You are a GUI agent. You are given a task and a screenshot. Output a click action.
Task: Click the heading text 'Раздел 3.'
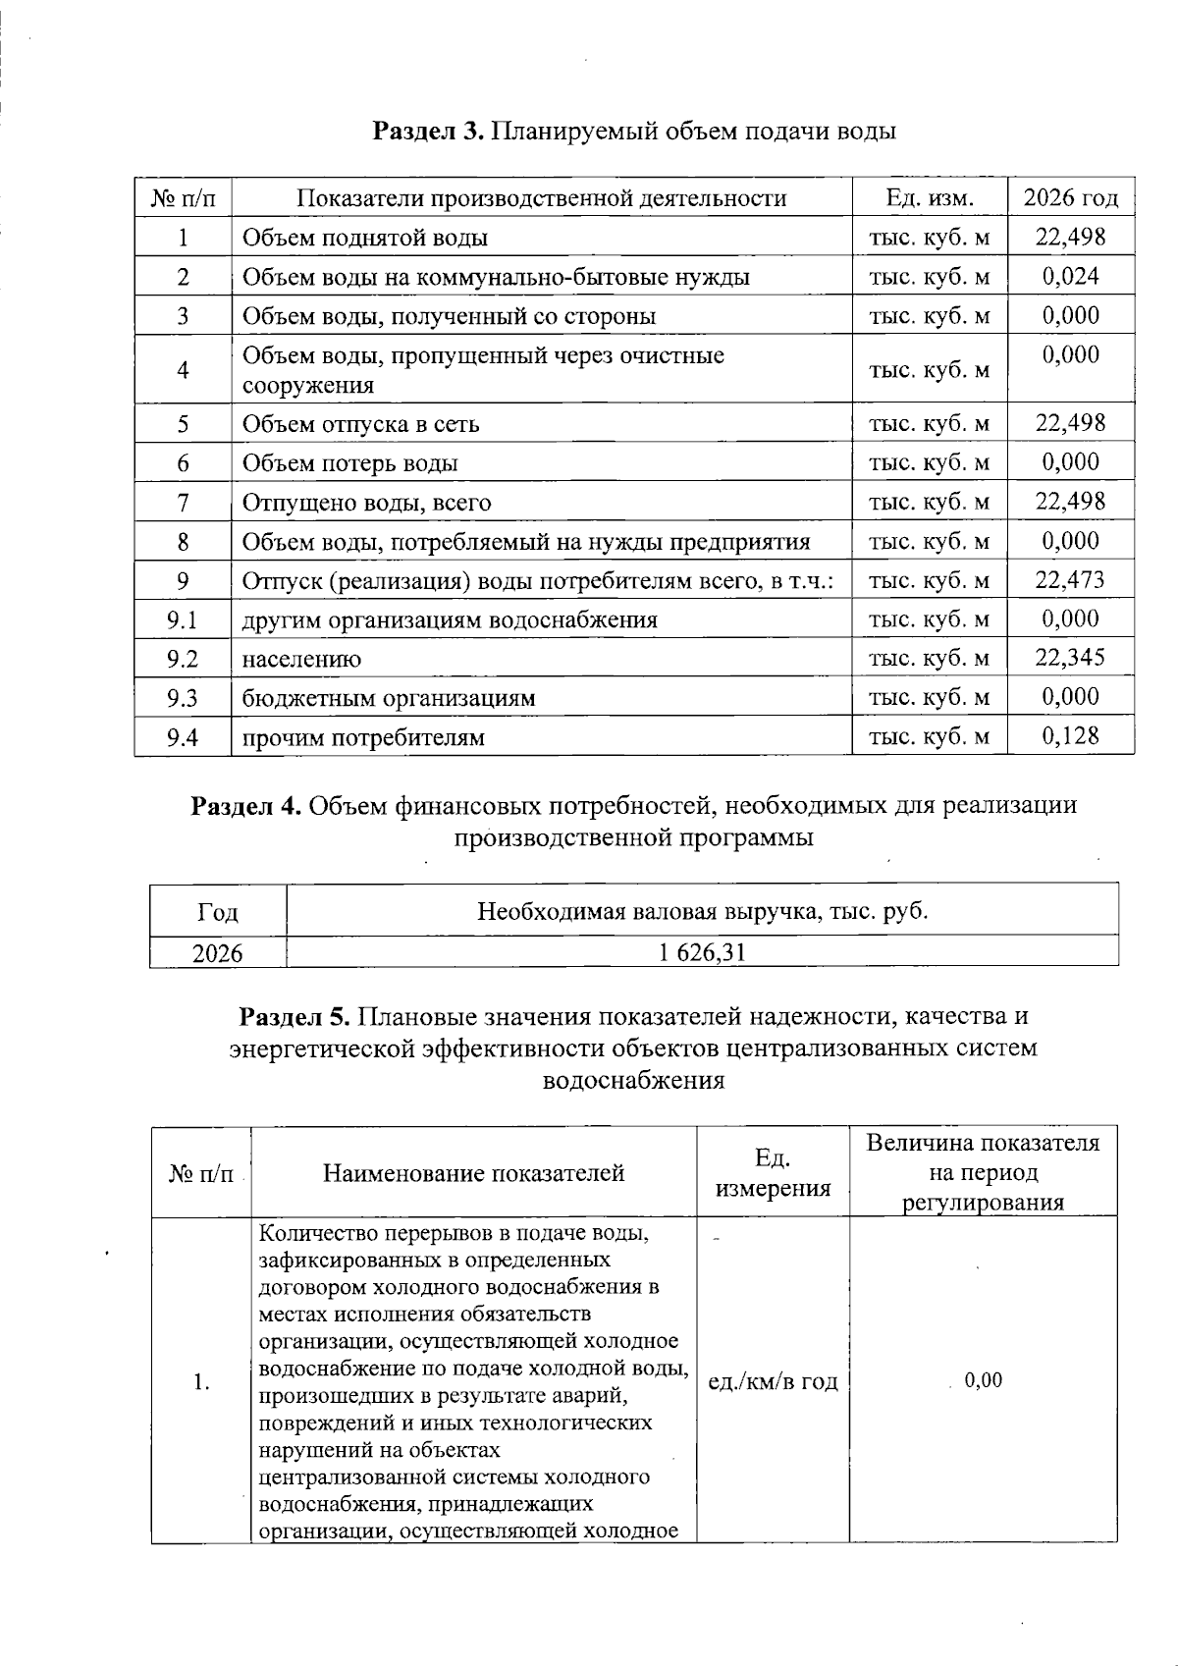428,131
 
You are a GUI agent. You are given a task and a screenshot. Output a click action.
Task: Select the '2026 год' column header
1071,198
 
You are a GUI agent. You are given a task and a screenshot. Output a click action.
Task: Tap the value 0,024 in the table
1071,276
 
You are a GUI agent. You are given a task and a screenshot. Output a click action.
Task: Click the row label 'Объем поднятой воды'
365,238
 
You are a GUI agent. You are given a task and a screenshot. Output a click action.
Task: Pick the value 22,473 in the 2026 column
1070,580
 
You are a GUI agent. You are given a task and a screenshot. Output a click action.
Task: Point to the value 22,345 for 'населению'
1070,658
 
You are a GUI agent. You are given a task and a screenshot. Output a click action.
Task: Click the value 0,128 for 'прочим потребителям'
1071,736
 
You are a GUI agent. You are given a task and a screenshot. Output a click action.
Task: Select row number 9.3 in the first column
183,698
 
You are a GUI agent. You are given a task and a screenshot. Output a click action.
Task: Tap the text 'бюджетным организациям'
389,698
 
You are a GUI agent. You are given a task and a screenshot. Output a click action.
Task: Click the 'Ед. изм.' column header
930,198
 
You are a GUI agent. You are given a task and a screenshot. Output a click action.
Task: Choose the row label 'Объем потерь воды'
350,463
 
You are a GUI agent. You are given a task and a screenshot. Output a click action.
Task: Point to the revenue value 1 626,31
703,951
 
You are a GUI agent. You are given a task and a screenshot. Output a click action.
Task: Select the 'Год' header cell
218,912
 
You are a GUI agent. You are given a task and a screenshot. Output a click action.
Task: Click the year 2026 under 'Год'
218,952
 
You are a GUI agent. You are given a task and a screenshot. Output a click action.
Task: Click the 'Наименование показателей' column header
474,1173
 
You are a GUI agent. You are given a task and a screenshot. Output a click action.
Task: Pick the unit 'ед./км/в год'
773,1381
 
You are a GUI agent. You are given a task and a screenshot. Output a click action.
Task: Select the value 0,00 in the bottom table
984,1380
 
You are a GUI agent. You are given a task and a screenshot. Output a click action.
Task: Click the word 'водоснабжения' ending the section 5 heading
633,1081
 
